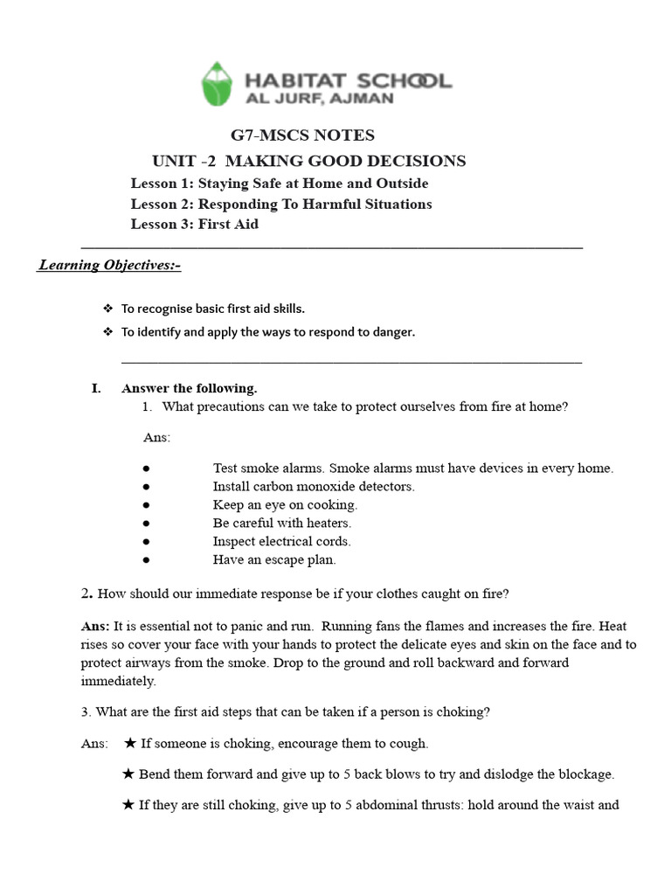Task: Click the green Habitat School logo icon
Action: point(218,84)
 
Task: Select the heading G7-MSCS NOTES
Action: point(302,135)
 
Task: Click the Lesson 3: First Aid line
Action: point(195,224)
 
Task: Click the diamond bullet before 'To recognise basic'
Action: point(108,309)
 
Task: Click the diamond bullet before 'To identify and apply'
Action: point(108,332)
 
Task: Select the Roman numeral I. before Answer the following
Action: point(97,388)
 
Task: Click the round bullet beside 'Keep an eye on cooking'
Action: point(147,505)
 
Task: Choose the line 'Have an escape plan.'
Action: point(273,560)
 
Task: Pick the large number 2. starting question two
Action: point(86,593)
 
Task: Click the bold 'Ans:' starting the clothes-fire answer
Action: point(95,627)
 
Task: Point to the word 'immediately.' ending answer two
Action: point(119,681)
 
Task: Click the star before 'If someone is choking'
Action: point(129,743)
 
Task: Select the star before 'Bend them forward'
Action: point(129,774)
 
